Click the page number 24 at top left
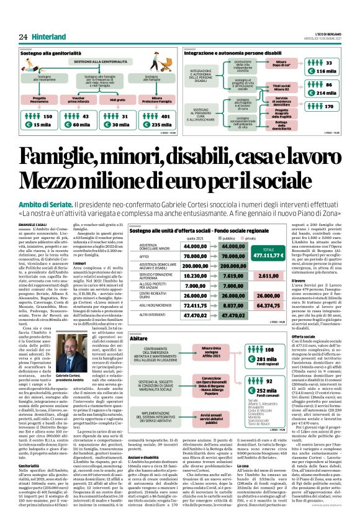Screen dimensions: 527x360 (22, 36)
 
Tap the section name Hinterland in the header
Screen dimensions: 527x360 (49, 36)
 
